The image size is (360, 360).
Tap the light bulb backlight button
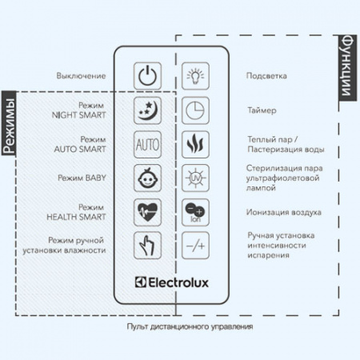(194, 77)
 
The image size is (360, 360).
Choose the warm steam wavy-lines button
(194, 145)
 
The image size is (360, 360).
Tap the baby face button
(147, 178)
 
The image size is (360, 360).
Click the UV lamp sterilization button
(194, 178)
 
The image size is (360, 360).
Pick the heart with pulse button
(147, 212)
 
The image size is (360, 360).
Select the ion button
(194, 212)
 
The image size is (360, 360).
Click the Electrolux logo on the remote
(170, 280)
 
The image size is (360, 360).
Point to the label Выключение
(81, 76)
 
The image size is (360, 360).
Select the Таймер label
(262, 110)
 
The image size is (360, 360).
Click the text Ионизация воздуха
(284, 212)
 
